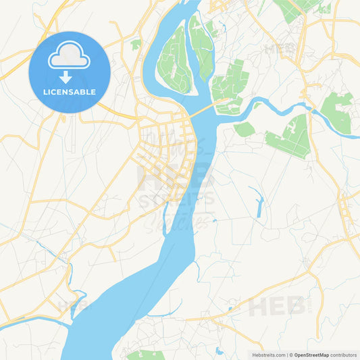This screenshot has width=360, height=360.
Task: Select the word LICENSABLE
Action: pos(70,92)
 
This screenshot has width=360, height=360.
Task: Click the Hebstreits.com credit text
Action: pos(267,355)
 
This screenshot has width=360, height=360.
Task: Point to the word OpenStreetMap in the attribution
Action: pos(311,355)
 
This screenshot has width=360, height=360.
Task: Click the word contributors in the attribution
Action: pos(344,355)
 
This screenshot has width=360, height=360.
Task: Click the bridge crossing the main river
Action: pos(203,110)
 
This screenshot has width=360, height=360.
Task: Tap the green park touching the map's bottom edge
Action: pos(145,355)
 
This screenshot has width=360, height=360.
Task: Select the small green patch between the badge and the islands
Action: pos(136,45)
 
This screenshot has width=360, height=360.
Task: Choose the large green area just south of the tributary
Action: pos(290,137)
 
